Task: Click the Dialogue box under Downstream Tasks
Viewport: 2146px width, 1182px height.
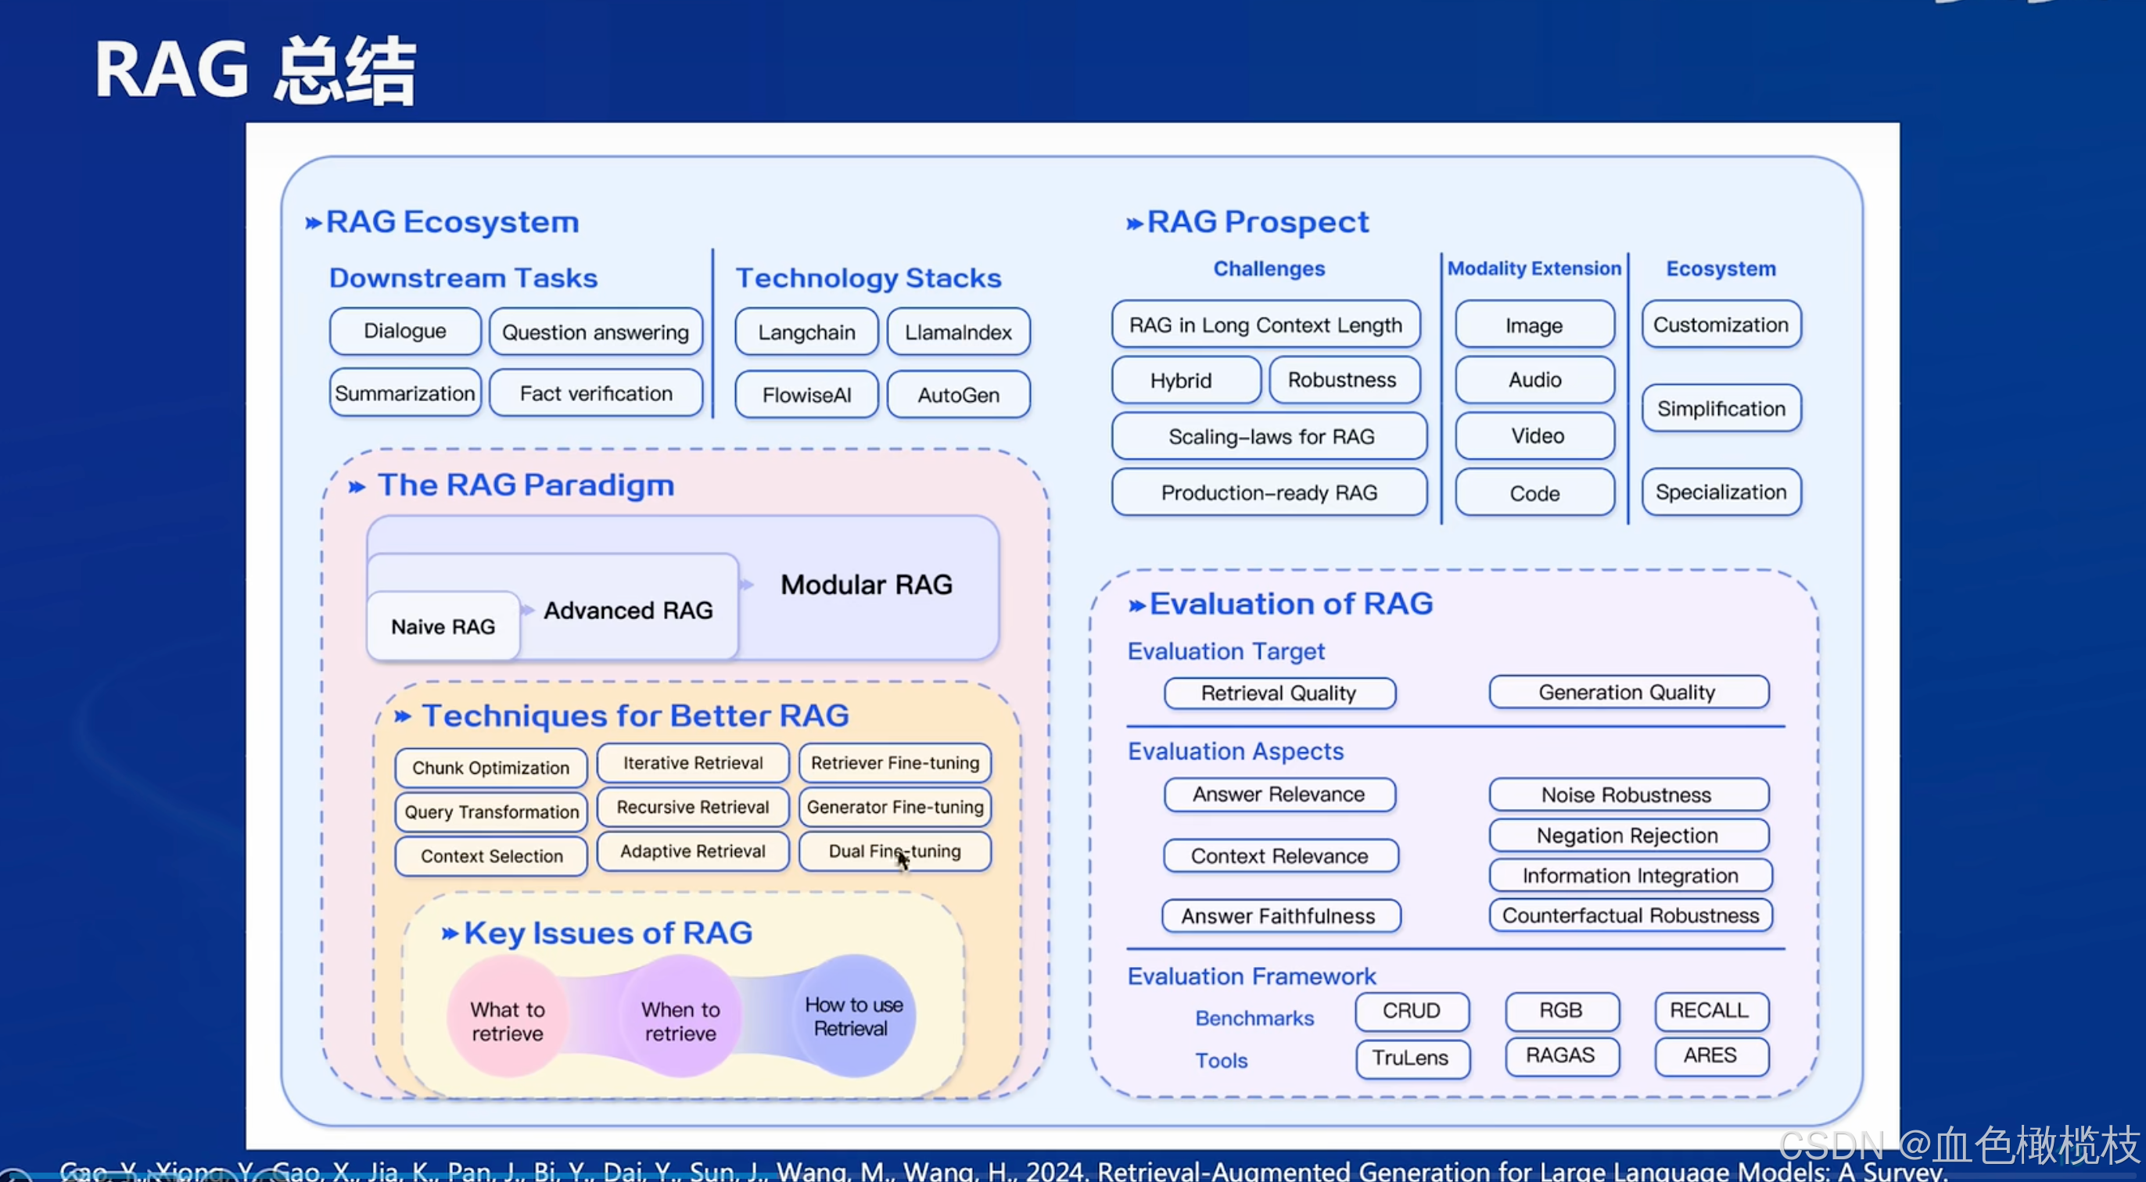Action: tap(405, 331)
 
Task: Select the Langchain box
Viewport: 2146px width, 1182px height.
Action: tap(806, 332)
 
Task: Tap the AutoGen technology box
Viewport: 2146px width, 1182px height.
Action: tap(958, 395)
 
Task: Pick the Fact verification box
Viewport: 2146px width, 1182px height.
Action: tap(596, 393)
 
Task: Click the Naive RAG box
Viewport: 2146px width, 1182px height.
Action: tap(443, 626)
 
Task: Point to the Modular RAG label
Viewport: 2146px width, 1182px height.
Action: tap(866, 585)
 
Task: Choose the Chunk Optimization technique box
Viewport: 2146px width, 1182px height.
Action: tap(490, 767)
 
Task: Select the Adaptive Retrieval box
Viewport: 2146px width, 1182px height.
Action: tap(692, 851)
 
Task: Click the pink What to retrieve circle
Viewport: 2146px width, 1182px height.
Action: tap(507, 1020)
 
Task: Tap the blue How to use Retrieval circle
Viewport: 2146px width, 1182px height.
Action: tap(853, 1016)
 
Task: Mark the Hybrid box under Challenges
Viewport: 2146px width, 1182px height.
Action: tap(1180, 381)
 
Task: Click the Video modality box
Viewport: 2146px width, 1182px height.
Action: tap(1537, 435)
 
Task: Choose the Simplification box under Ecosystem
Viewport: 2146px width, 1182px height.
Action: tap(1721, 408)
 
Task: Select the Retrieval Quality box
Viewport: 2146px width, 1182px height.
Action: tap(1278, 693)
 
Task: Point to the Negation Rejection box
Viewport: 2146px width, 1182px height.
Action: tap(1627, 836)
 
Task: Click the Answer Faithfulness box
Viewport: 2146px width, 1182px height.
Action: tap(1278, 916)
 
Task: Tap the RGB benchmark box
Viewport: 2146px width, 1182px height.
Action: tap(1560, 1010)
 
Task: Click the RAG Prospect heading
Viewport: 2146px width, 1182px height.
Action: tap(1256, 221)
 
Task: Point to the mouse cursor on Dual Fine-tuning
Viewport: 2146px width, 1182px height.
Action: tap(903, 859)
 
